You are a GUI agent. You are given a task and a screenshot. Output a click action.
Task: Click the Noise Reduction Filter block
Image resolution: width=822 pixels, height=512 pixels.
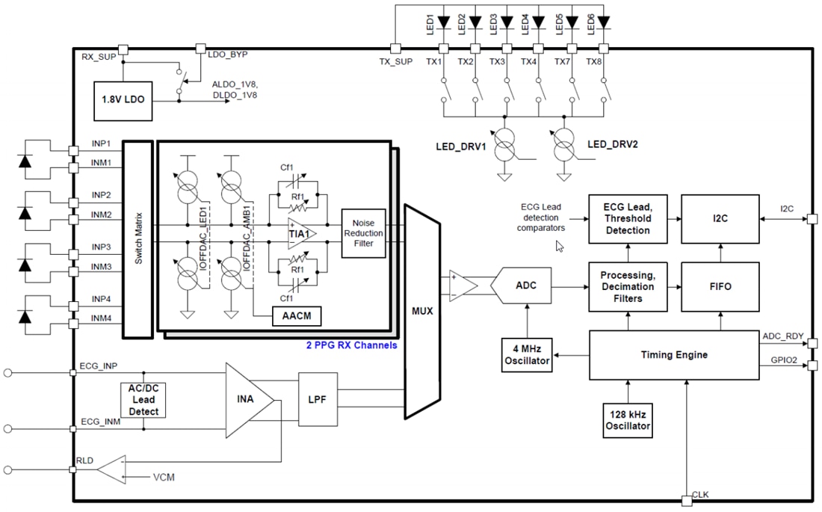363,232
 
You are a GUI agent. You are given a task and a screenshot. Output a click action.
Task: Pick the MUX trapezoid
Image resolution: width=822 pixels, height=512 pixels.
422,309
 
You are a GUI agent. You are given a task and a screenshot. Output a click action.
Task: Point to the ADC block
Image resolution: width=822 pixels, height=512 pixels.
527,285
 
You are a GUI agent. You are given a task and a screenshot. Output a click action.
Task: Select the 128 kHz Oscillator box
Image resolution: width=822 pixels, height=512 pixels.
627,420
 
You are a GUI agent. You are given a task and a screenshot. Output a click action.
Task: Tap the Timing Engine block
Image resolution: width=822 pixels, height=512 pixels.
674,355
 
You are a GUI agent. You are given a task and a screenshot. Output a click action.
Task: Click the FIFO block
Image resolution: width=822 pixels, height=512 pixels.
720,286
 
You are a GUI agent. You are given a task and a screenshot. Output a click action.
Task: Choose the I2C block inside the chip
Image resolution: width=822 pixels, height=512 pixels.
720,219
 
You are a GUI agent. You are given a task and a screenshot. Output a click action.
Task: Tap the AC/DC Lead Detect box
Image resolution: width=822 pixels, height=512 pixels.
143,400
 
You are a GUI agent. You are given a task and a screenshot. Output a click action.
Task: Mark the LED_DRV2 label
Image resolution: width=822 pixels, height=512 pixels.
613,144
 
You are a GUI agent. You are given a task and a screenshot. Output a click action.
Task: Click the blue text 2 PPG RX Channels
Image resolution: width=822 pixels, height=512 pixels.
351,345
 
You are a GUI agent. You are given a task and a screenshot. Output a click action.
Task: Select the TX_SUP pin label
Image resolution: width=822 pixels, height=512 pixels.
395,61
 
